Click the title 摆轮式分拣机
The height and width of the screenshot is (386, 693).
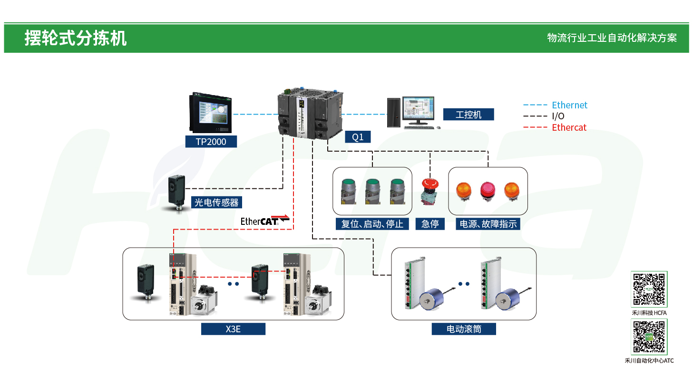76,38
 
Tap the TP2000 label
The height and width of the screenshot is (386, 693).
211,141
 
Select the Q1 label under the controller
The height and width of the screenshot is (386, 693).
358,137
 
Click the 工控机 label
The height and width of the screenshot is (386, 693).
469,115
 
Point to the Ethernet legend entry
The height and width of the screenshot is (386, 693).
569,105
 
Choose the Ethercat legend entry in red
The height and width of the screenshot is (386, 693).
569,127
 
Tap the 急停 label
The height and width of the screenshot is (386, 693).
430,224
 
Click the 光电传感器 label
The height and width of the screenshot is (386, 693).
216,202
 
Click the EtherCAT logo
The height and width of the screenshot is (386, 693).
264,220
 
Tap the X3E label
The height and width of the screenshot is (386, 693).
233,328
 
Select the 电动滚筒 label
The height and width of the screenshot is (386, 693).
464,328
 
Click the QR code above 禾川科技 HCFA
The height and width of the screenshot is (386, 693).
649,289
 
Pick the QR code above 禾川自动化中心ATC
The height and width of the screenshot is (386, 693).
649,337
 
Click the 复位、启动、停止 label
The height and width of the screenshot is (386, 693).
372,224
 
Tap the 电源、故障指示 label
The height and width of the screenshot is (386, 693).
488,224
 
